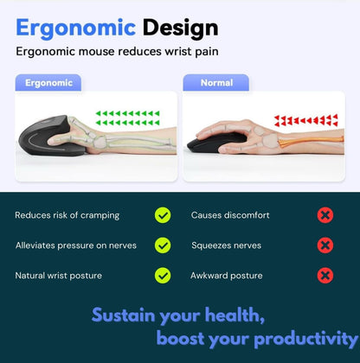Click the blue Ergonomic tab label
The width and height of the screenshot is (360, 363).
(49, 83)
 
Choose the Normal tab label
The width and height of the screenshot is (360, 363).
(216, 83)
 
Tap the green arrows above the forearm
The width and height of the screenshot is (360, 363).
(127, 117)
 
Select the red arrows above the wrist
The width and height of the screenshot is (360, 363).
(305, 120)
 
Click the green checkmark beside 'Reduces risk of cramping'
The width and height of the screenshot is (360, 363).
(163, 214)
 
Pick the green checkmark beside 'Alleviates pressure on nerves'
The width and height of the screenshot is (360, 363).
(163, 245)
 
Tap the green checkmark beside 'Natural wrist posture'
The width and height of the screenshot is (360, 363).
(163, 275)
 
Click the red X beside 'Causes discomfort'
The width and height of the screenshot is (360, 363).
(325, 214)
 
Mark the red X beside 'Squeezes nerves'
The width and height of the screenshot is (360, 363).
(325, 245)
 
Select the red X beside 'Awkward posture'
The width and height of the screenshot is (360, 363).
(325, 275)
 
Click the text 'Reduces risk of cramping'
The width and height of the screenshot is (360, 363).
(67, 214)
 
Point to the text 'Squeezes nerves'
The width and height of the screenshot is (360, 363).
(226, 245)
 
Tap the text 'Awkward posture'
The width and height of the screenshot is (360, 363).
(227, 275)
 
